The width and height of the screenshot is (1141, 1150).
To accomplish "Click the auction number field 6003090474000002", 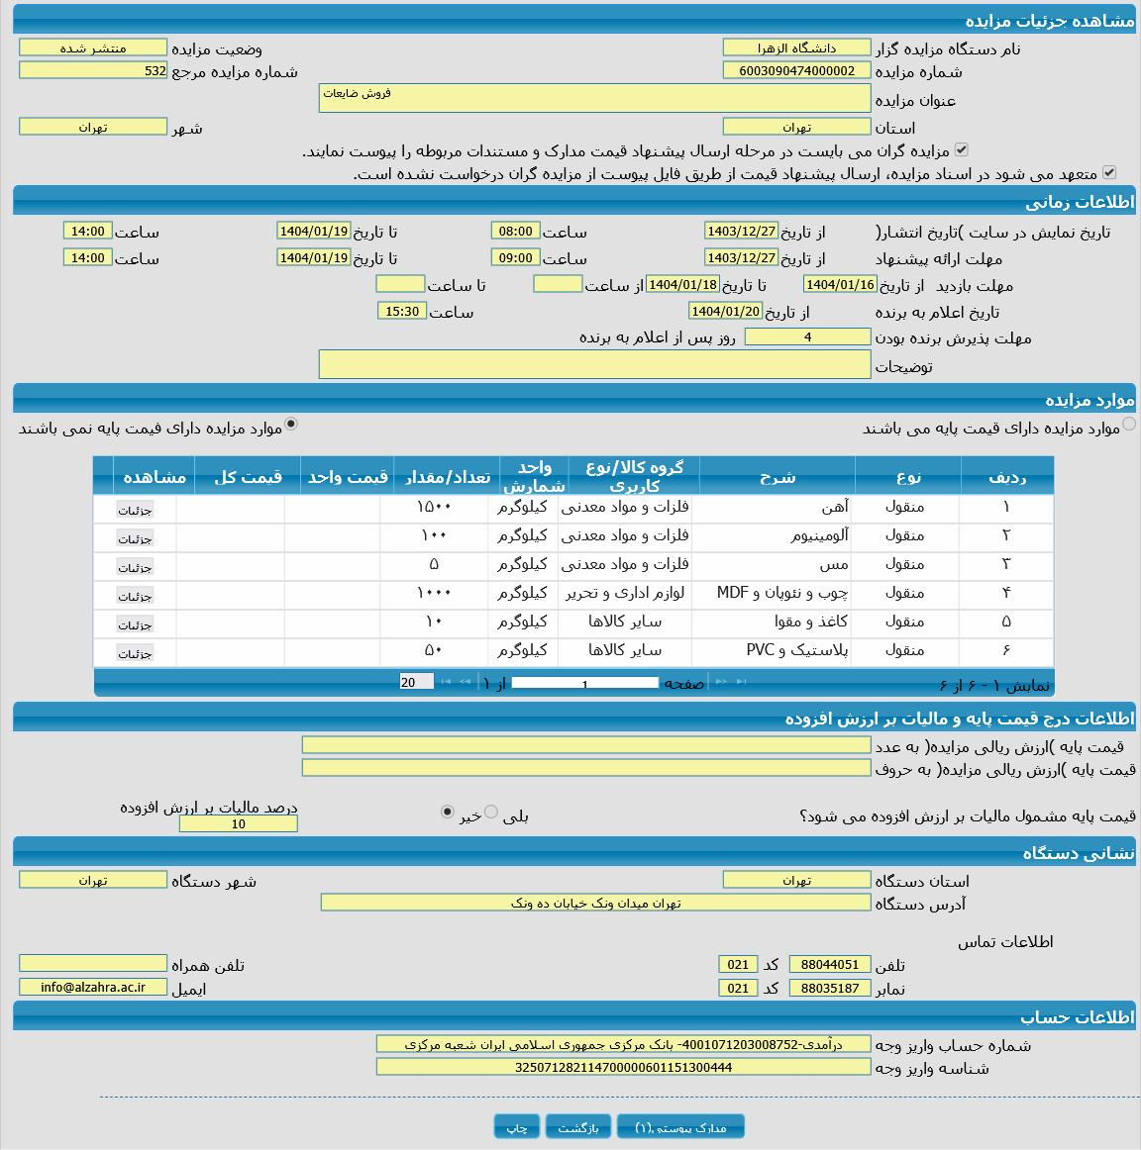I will point(796,71).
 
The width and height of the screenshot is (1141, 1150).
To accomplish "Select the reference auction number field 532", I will point(93,71).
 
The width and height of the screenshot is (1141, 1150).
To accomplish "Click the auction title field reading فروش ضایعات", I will point(594,98).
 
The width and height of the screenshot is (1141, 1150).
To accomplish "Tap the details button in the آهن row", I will point(135,510).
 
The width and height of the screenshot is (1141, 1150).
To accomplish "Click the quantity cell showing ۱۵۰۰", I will point(434,507).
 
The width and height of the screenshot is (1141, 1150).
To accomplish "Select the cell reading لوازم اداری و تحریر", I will point(625,593).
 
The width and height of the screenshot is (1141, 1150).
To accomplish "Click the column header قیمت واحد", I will point(347,477).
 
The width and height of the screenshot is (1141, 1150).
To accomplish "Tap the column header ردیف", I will point(1006,477).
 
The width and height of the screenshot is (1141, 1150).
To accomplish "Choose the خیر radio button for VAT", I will point(447,812).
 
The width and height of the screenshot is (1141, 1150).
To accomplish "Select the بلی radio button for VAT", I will point(491,812).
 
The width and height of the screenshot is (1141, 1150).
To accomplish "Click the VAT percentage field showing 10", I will point(238,823).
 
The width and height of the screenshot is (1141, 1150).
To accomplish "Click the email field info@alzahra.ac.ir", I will point(93,987).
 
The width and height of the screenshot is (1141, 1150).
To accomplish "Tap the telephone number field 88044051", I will point(830,964).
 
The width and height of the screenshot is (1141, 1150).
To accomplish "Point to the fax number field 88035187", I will point(830,988).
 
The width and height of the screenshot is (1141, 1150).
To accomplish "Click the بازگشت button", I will point(577,1127).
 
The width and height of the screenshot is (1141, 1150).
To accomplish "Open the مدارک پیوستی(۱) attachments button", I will point(680,1127).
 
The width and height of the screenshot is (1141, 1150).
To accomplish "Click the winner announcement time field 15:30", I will point(402,311).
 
